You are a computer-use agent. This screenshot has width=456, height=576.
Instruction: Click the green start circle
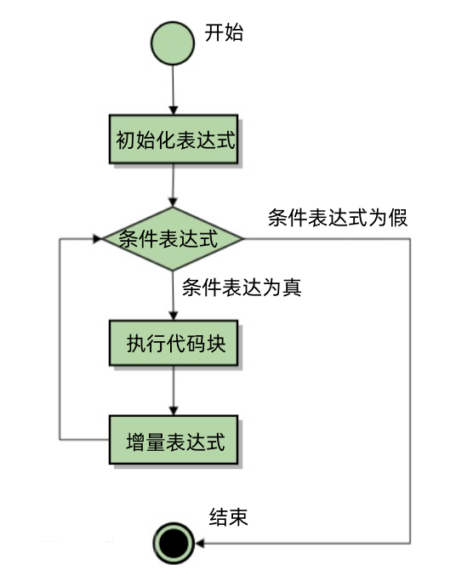173,43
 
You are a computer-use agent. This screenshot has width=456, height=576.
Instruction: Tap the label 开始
224,32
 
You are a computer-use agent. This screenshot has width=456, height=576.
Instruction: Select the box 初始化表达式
174,139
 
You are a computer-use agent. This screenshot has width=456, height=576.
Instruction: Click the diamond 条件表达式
173,239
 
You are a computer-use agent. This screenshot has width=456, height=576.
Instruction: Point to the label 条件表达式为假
338,218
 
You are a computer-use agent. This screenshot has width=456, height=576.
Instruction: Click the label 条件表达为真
242,288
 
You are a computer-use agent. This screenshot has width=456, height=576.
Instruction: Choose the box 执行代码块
174,343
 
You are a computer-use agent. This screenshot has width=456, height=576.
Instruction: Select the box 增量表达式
174,440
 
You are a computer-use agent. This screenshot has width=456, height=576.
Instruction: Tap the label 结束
228,517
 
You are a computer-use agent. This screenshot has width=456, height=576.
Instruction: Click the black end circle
174,544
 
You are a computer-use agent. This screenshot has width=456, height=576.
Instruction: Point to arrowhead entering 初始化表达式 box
173,111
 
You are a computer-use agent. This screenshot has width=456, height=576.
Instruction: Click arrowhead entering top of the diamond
173,202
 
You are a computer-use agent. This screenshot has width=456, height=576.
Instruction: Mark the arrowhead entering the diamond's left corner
98,239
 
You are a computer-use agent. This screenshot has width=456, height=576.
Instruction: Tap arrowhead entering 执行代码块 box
173,316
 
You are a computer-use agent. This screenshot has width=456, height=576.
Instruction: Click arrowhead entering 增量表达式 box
173,411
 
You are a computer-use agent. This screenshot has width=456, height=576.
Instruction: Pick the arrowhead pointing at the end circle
200,544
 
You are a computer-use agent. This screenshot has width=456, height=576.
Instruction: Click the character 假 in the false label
398,218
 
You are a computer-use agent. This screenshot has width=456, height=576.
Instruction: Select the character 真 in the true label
292,288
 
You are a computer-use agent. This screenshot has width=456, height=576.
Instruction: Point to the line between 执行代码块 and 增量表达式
173,386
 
